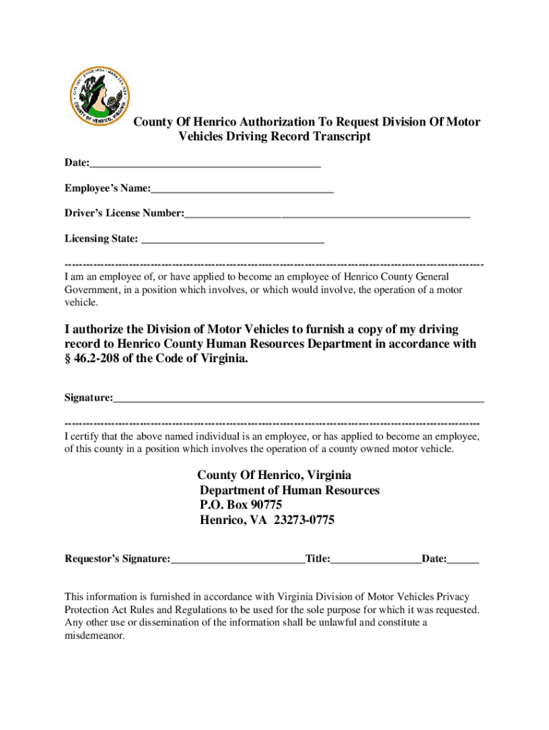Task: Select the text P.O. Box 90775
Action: [x=236, y=505]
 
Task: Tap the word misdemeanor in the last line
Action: [x=94, y=636]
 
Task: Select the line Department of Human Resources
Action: [x=289, y=490]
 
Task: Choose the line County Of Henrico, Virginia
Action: [x=274, y=475]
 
